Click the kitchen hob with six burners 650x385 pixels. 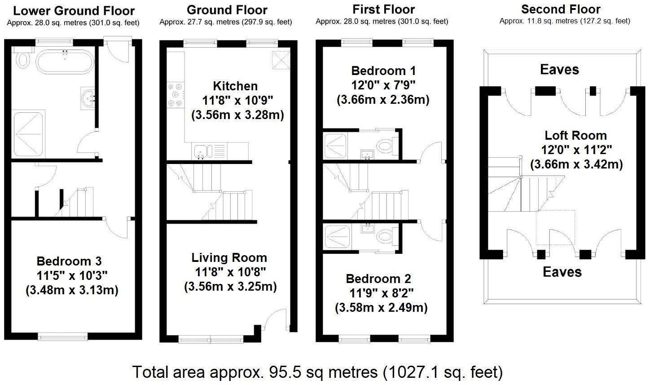(176, 95)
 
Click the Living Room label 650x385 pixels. (229, 258)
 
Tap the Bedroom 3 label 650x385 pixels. (69, 261)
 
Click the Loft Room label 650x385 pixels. (575, 136)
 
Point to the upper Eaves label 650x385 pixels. (559, 70)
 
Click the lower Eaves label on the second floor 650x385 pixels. (562, 272)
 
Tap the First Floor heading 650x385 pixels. (383, 9)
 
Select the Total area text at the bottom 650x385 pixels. (317, 372)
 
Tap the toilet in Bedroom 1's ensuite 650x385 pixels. (385, 145)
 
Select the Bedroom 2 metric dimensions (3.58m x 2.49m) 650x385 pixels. (381, 308)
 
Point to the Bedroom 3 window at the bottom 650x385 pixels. (63, 336)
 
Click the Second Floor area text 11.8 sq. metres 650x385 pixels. (565, 21)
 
